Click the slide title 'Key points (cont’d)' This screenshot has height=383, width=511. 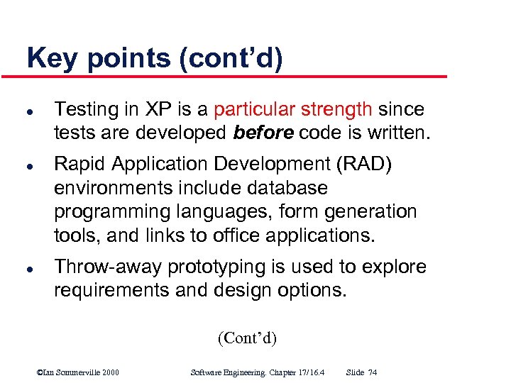[155, 58]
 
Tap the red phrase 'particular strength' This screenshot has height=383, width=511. [292, 109]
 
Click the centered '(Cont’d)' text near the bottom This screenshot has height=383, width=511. [246, 338]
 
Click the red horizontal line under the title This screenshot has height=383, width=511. [234, 76]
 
